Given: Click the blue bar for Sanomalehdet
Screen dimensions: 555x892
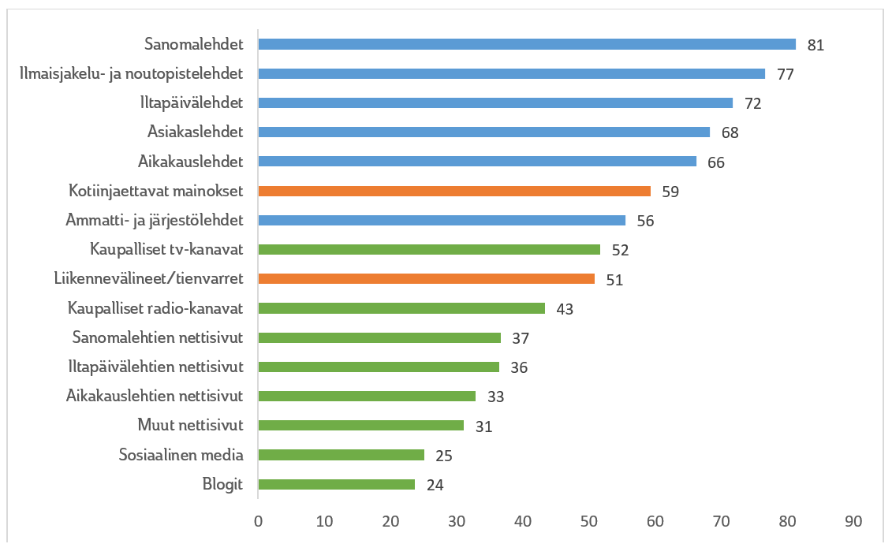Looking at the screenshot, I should tap(527, 44).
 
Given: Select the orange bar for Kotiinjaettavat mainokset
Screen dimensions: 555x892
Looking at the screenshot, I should tap(454, 191).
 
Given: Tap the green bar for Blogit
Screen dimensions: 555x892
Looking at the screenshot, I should tap(337, 484).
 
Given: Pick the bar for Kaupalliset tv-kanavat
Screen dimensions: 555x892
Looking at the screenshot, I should tap(429, 250).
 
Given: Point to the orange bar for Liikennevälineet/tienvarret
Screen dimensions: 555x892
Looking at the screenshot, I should tap(427, 279).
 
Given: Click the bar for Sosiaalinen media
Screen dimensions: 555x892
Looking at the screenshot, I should tap(341, 455).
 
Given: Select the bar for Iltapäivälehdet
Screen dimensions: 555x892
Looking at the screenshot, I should tap(495, 102).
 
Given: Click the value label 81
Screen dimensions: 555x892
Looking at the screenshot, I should tap(815, 45).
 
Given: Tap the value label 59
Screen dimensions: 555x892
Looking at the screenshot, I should tap(670, 192).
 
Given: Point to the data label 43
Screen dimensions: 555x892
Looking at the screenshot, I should tap(565, 309).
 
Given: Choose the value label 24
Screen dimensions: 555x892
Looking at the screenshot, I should tap(435, 485).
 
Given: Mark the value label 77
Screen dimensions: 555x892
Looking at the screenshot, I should tap(784, 74).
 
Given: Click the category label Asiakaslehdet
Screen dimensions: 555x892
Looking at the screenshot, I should tap(195, 132).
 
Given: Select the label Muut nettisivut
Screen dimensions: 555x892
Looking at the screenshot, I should tap(190, 426).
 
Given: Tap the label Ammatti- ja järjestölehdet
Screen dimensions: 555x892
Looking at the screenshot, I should tap(154, 220).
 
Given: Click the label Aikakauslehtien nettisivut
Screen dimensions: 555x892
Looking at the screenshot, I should tap(155, 396).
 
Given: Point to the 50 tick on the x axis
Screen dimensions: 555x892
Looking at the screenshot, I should tap(588, 522).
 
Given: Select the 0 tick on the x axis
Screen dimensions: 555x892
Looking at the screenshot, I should tap(258, 522).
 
